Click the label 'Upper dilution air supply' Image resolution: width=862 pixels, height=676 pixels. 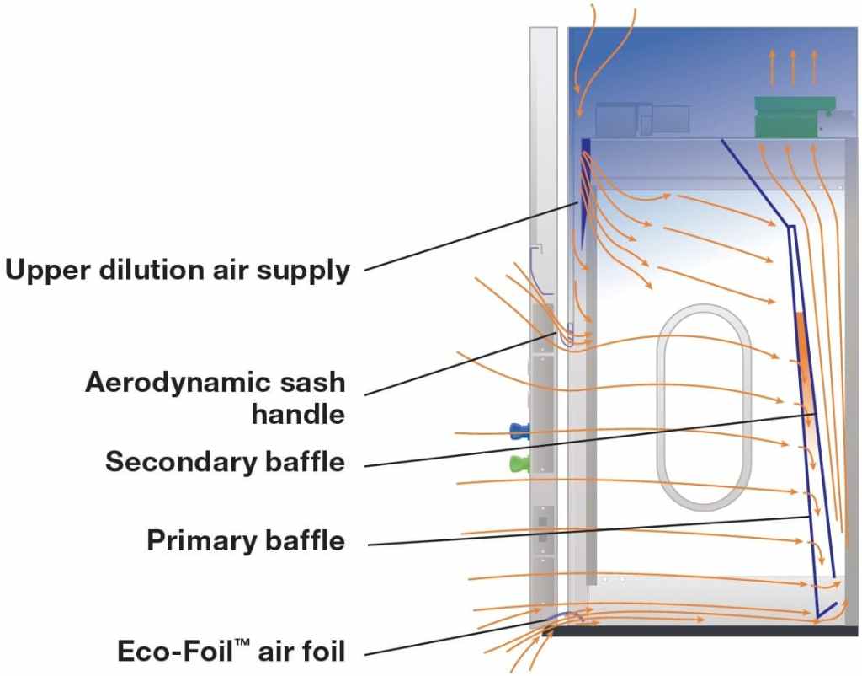tap(177, 270)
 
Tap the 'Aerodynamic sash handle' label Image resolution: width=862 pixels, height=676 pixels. tap(215, 398)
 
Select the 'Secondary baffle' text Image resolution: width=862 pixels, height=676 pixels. tap(225, 462)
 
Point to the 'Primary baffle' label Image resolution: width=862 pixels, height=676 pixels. tap(246, 539)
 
